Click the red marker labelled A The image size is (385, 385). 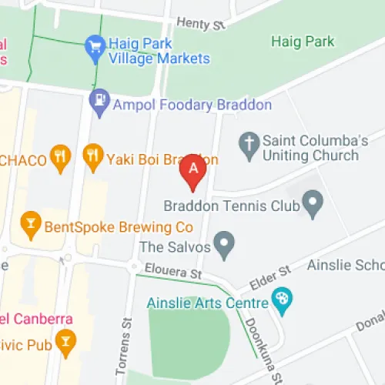tap(192, 169)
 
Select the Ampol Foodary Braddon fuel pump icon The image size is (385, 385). tap(99, 100)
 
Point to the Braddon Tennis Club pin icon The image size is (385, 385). tap(312, 205)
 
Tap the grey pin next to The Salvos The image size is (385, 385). tap(223, 246)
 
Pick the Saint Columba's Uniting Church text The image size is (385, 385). tap(310, 148)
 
